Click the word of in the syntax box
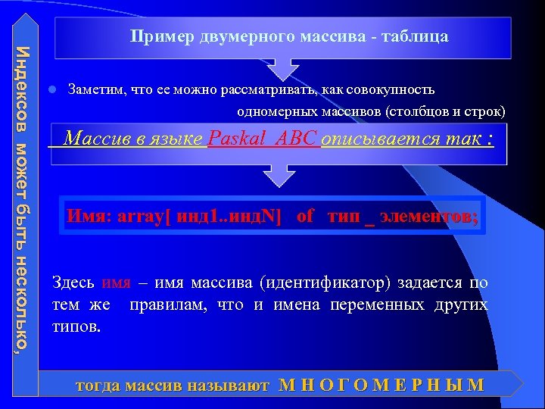(305, 216)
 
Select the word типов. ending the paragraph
(76, 327)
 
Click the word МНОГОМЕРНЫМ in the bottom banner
(381, 385)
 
